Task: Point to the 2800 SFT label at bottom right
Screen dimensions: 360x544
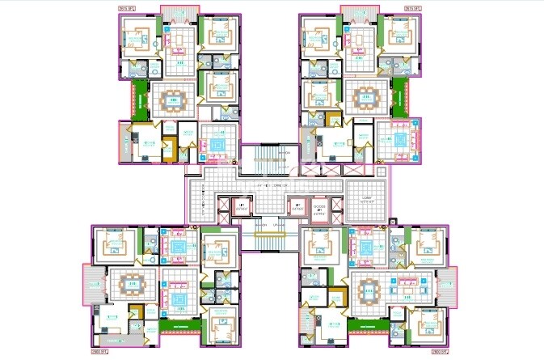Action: [441, 353]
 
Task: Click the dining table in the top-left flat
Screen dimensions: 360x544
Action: [174, 102]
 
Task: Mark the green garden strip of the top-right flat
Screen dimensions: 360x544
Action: [399, 99]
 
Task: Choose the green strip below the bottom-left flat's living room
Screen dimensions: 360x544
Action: [179, 325]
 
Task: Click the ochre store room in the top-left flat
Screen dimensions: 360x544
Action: [169, 150]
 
